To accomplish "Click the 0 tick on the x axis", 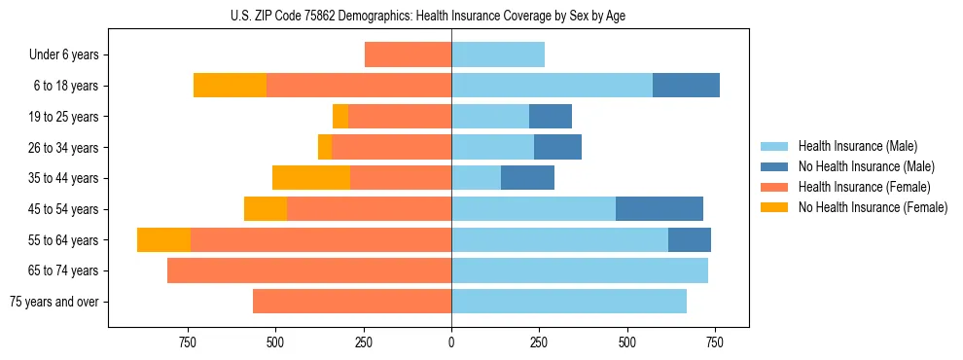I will [x=451, y=342].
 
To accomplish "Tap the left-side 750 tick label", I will [x=188, y=342].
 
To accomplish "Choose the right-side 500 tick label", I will [x=626, y=342].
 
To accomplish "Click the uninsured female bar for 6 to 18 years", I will [x=230, y=86].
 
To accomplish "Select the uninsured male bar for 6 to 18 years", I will [x=686, y=86].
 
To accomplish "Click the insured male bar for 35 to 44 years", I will [x=476, y=178].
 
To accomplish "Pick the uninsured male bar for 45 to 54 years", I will [x=659, y=209].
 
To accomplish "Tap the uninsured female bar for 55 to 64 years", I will [x=163, y=240].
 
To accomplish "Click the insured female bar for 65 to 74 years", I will [x=309, y=270].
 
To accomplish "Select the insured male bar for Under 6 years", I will [x=498, y=55].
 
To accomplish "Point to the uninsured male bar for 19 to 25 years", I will [x=551, y=117].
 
